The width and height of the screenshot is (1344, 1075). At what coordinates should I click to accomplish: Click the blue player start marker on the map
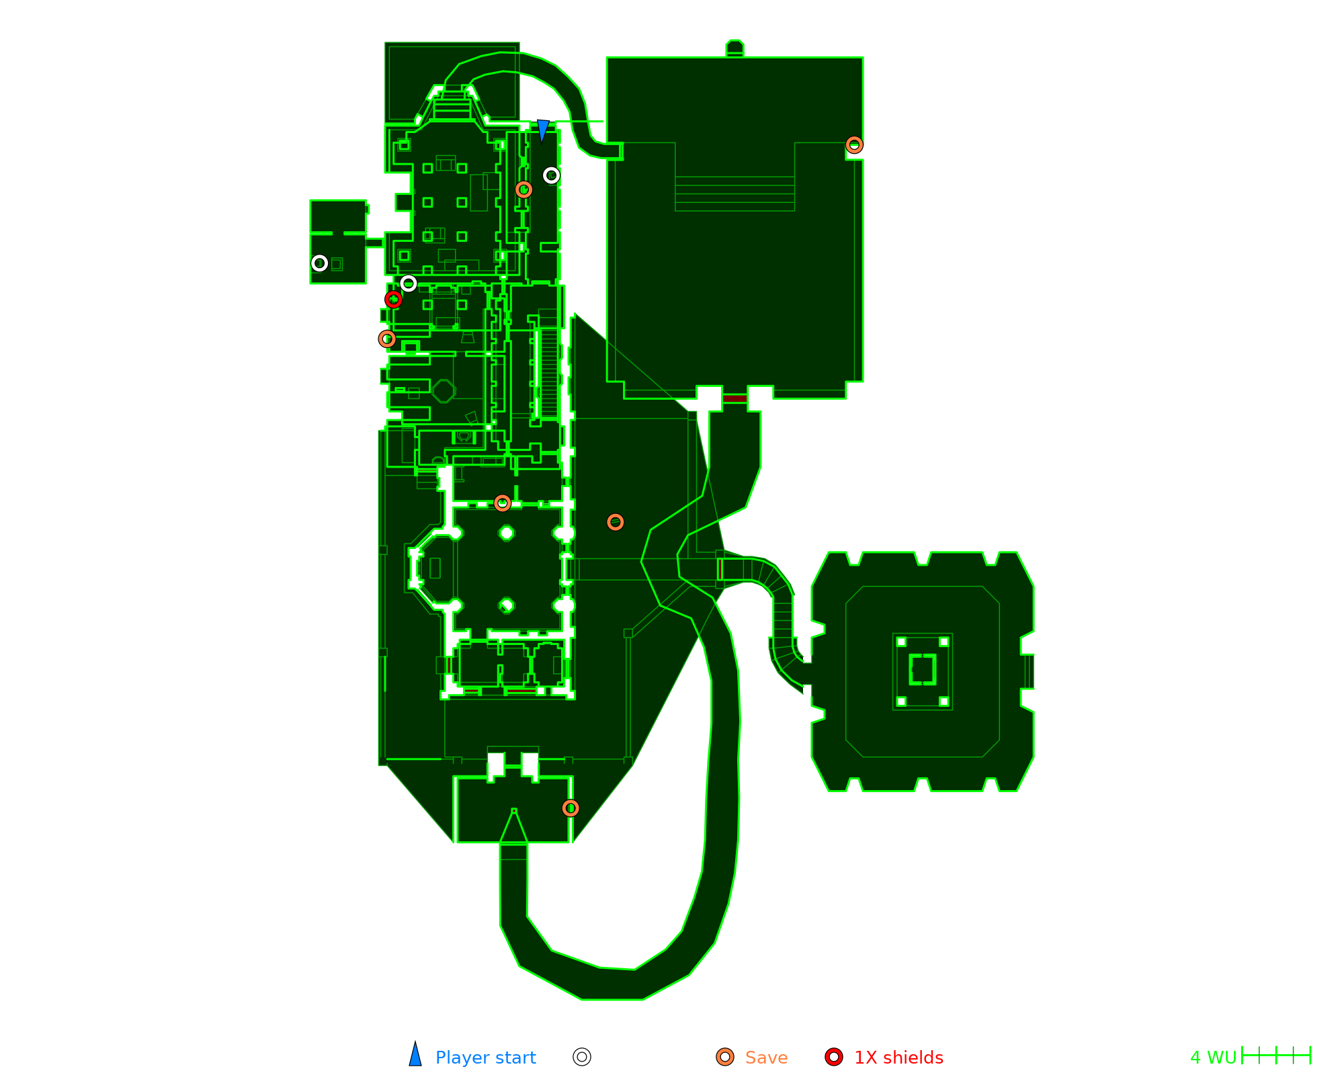[543, 130]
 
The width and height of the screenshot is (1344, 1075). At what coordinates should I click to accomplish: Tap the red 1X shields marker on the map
[394, 300]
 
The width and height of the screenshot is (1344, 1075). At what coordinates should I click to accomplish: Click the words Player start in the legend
[485, 1058]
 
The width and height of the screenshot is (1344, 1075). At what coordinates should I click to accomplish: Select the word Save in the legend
[766, 1058]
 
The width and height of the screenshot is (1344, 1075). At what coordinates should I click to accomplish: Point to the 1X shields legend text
[898, 1058]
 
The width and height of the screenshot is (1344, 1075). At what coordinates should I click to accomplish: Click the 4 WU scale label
[1213, 1058]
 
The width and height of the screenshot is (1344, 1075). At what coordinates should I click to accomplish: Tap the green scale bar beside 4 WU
[1276, 1056]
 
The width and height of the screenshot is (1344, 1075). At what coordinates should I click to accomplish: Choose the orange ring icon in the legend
[725, 1057]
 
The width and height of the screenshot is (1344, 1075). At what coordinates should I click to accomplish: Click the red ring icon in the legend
[834, 1057]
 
